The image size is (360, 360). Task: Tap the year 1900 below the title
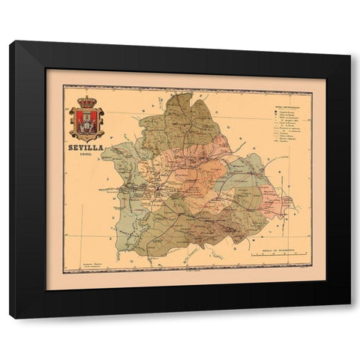(x=83, y=154)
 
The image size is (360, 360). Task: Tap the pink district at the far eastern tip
(x=283, y=201)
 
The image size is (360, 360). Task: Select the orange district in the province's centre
(x=198, y=180)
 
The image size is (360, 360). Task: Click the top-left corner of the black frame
(x=10, y=43)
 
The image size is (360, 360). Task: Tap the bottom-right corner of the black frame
(x=350, y=318)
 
